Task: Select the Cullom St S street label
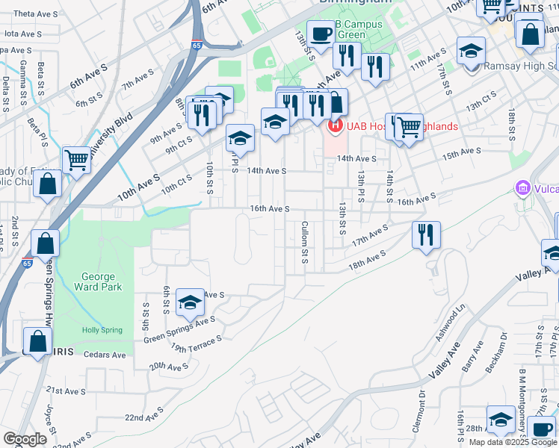coord(305,243)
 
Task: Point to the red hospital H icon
coord(335,125)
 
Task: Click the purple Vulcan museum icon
coord(522,187)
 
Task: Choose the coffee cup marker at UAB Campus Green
coord(321,34)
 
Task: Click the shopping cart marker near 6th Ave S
coord(76,158)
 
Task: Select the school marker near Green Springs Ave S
coord(190,302)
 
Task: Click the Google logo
coord(25,440)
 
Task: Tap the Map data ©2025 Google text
coord(512,442)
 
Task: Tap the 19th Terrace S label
coord(197,343)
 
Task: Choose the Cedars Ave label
coord(105,355)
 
